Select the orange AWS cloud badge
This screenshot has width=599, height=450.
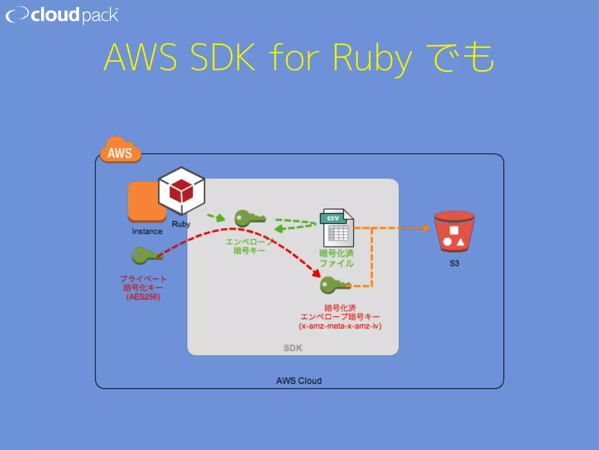pos(120,151)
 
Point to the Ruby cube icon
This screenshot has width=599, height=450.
pos(182,190)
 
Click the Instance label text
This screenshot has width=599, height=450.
pos(147,231)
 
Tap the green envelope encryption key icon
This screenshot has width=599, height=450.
pos(249,218)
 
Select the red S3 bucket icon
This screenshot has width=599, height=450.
pos(454,231)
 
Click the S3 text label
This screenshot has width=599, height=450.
pos(454,263)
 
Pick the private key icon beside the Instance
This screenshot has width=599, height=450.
pos(146,255)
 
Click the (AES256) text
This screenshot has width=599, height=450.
pos(143,297)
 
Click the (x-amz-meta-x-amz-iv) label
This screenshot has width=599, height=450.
pos(340,326)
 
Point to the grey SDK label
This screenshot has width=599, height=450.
pos(293,348)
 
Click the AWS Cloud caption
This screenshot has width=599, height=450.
pos(299,381)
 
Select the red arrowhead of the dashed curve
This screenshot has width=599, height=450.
pos(316,273)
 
